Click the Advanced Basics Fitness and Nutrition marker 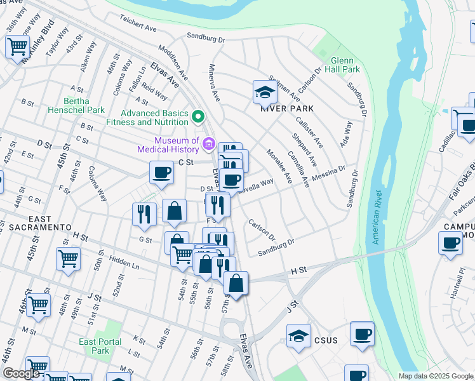click(198, 117)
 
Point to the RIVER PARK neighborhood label click(279, 107)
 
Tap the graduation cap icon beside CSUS click(298, 337)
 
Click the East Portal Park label click(100, 346)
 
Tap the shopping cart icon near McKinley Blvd click(18, 46)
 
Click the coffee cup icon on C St click(162, 171)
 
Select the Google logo click(21, 373)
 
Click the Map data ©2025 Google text click(436, 376)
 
